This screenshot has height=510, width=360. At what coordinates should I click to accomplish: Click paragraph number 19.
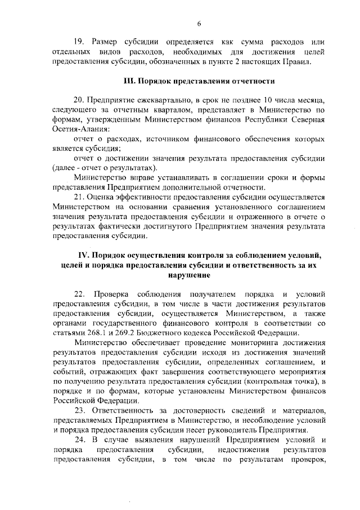point(80,42)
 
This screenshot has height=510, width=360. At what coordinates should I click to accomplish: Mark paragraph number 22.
point(80,294)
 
